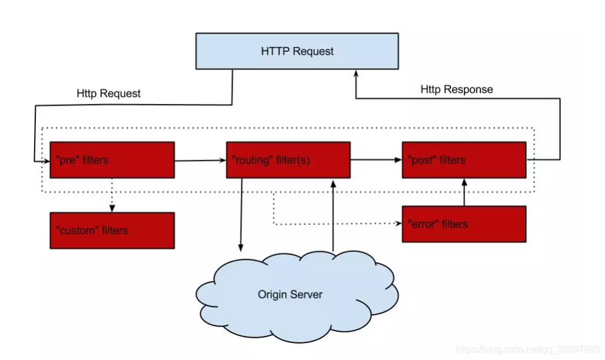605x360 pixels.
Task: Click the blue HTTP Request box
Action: tap(297, 51)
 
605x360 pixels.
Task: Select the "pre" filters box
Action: tap(112, 160)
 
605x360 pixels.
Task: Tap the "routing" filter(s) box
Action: tap(288, 160)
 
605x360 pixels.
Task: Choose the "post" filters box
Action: tap(464, 160)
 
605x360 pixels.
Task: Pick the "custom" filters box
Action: tap(112, 230)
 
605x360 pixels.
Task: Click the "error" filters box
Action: tap(464, 224)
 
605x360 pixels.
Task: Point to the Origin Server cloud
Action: tap(297, 296)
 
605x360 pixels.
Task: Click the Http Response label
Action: tap(456, 89)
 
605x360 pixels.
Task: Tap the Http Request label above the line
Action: tap(109, 93)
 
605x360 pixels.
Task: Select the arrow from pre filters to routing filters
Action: tap(200, 160)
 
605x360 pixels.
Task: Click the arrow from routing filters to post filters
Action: tap(376, 160)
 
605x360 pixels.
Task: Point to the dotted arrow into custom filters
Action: tap(112, 195)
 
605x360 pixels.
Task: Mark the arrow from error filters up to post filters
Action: tap(464, 192)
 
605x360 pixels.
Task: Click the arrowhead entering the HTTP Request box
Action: tap(356, 73)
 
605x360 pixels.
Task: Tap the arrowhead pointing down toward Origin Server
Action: tap(241, 248)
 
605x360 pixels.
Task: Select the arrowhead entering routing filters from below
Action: tap(333, 183)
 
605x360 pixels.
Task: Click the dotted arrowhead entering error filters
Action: tap(398, 223)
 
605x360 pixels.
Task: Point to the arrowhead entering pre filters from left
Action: tap(46, 162)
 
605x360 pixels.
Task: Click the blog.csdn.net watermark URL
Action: tap(528, 349)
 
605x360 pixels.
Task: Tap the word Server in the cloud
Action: tap(307, 294)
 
